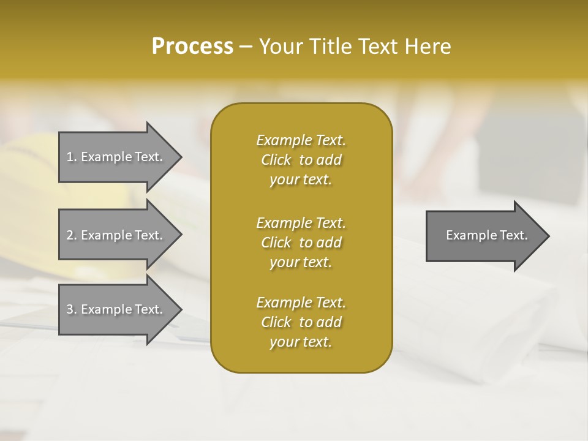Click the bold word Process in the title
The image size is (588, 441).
point(192,47)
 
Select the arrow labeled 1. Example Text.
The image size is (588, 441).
point(116,157)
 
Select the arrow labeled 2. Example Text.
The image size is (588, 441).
point(116,235)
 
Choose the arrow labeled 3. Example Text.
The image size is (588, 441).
point(116,309)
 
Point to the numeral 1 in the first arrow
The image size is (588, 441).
point(70,157)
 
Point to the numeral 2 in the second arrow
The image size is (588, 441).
point(70,235)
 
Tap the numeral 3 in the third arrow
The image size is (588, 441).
point(70,309)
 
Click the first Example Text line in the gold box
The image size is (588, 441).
point(301,140)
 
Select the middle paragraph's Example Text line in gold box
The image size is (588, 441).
point(301,222)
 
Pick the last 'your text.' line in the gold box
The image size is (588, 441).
point(301,342)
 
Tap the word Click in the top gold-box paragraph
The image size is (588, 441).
point(276,160)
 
